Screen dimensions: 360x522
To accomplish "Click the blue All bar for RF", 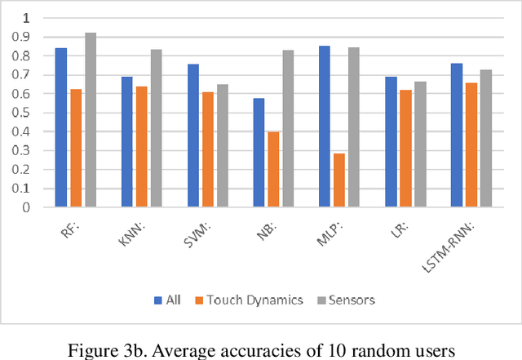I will [x=61, y=127].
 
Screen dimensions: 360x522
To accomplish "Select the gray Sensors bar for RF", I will [x=90, y=120].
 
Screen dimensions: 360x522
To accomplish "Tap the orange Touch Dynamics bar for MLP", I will [x=339, y=180].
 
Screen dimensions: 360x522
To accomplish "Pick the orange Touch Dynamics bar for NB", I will [x=273, y=170].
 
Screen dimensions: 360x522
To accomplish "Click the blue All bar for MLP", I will [x=325, y=127].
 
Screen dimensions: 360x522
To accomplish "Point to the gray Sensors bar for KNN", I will [x=156, y=128].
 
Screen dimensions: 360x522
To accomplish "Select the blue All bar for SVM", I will [x=193, y=136].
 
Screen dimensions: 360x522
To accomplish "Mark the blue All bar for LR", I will [x=391, y=142].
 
